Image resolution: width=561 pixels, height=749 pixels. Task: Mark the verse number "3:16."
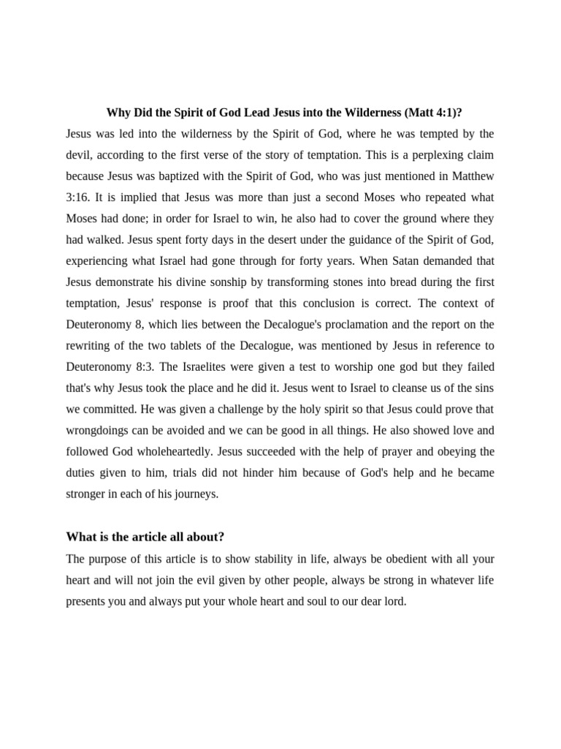point(79,197)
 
